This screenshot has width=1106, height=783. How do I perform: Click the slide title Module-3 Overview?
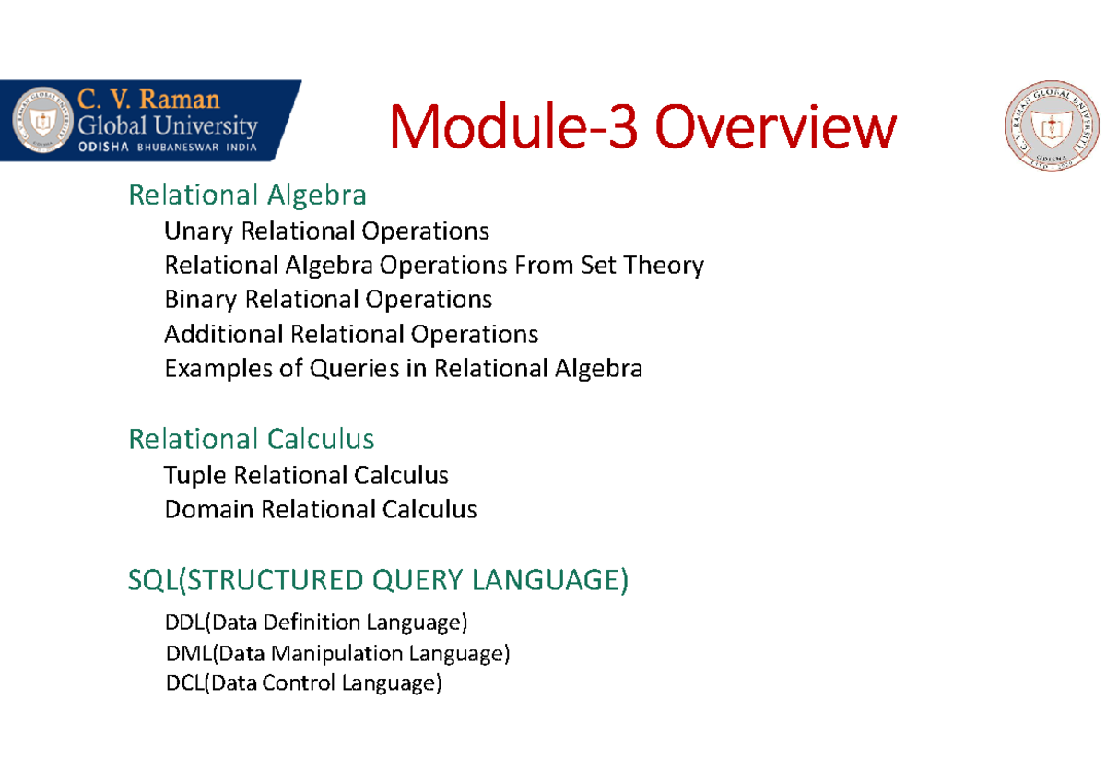[x=642, y=128]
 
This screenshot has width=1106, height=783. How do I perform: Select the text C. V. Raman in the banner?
[x=148, y=100]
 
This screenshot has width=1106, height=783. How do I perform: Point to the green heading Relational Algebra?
[x=247, y=196]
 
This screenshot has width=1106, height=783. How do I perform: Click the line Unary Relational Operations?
[x=326, y=231]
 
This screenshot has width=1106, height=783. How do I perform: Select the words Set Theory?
[x=642, y=266]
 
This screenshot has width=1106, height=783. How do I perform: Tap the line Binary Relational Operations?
[x=327, y=300]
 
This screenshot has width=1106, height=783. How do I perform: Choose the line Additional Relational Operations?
[x=350, y=334]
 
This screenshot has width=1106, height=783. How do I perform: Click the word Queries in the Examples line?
[x=354, y=369]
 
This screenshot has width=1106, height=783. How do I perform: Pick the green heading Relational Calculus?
[x=251, y=439]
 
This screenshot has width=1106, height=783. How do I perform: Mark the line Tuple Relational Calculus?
[x=306, y=476]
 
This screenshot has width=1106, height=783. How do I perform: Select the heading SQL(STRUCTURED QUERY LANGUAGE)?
[x=378, y=581]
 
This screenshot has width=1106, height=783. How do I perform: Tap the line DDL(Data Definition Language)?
[x=316, y=623]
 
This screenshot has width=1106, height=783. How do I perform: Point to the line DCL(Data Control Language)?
[x=303, y=683]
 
